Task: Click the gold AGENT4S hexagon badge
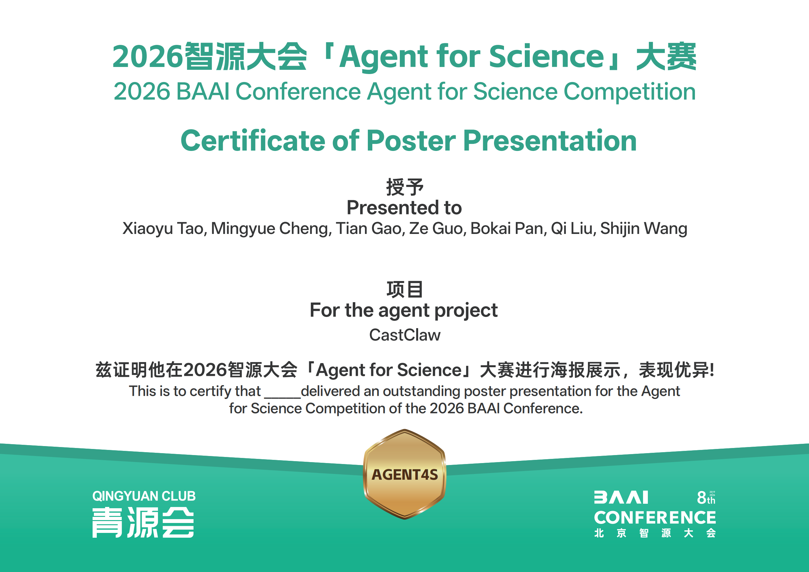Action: pos(404,474)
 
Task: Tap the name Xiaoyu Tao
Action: pos(165,229)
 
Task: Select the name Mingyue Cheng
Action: pos(271,229)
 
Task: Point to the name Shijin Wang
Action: pos(644,229)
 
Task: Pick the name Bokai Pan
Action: pos(508,228)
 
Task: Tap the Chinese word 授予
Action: pos(404,187)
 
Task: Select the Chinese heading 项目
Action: pos(404,290)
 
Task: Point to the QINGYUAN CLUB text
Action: pos(144,496)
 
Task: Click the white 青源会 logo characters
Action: pos(143,522)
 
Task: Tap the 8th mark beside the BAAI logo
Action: pos(706,498)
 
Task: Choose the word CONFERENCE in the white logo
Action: pos(655,518)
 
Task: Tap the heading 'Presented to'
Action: pos(404,207)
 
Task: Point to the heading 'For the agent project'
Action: pos(404,311)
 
